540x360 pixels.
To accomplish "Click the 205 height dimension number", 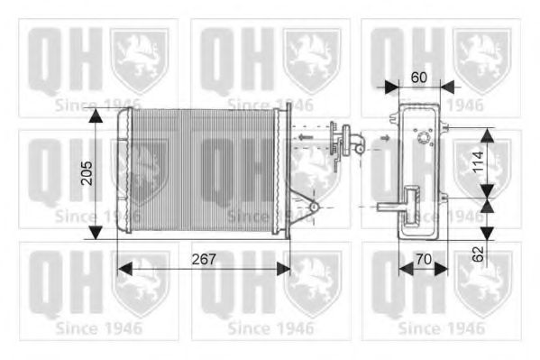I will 87,173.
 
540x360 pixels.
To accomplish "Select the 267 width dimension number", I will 205,260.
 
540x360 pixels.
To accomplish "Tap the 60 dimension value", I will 418,77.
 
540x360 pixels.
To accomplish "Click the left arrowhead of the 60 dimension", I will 390,87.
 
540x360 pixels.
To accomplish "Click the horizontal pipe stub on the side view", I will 389,208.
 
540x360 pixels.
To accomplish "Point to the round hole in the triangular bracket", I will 314,208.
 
